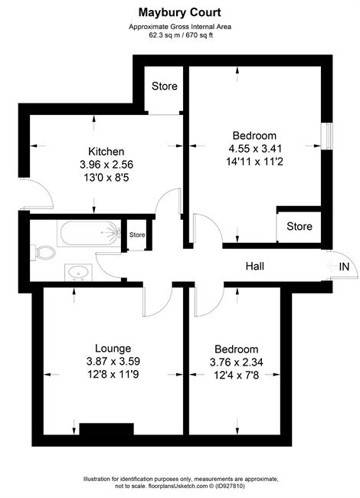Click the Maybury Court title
[179, 13]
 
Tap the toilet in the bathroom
[43, 253]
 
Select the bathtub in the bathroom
[89, 234]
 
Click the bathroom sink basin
[78, 273]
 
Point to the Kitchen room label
[106, 151]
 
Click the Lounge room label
[113, 348]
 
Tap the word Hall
[254, 266]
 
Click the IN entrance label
[344, 267]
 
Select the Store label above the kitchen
[165, 86]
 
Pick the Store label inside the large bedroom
[299, 227]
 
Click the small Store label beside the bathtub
[137, 234]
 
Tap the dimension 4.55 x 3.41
[255, 149]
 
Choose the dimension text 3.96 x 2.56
[106, 165]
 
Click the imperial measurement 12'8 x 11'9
[113, 375]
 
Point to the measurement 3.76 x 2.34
[237, 362]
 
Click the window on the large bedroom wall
[327, 136]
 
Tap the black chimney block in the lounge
[106, 429]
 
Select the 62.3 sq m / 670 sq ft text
[181, 35]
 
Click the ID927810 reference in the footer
[230, 486]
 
